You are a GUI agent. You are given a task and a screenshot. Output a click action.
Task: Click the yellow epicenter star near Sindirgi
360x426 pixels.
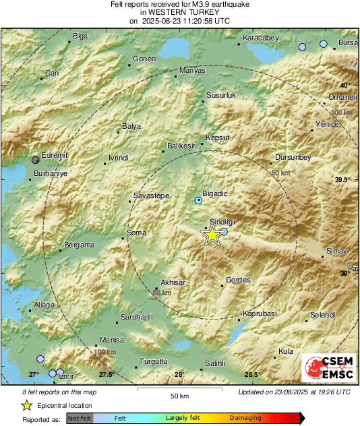tap(212, 235)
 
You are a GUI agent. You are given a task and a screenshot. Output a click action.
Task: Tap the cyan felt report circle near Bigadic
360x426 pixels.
tap(198, 201)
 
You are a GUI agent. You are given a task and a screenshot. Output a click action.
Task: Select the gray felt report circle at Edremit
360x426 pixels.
tap(36, 160)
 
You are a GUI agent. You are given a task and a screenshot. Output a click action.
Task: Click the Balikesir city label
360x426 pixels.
tap(181, 146)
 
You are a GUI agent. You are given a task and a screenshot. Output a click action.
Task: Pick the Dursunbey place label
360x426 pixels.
tap(293, 157)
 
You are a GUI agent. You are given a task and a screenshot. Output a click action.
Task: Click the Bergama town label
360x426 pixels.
tap(79, 245)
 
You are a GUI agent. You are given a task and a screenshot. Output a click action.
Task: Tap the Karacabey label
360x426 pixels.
tap(260, 38)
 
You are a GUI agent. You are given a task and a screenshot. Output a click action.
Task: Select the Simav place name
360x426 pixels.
tap(336, 251)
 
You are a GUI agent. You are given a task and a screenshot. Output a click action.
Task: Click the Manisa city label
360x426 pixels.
tap(112, 340)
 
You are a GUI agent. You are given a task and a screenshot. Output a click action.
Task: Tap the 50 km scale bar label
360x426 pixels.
tap(179, 395)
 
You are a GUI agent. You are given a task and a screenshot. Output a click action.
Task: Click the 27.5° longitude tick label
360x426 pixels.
tap(107, 374)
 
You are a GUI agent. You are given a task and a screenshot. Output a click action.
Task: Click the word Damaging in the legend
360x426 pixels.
tap(245, 418)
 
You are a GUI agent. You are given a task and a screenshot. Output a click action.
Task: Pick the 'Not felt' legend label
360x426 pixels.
tap(80, 419)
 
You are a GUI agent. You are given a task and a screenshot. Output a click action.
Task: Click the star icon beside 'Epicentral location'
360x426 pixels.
tap(26, 405)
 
